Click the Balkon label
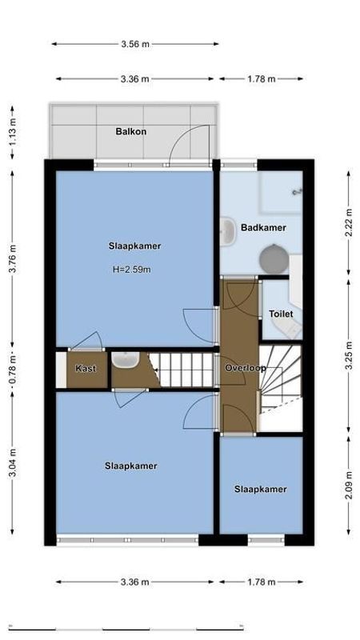pos(130,131)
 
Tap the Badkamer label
pos(262,228)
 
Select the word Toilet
pos(281,314)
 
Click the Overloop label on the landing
pos(245,368)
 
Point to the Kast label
pos(86,369)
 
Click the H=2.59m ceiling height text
pos(131,270)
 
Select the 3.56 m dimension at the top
pos(135,44)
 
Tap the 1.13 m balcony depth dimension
pos(12,131)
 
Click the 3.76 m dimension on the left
pos(12,258)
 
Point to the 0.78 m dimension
pos(12,369)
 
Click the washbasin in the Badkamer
pos(226,226)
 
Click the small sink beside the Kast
pos(125,361)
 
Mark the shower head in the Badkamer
pos(297,192)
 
